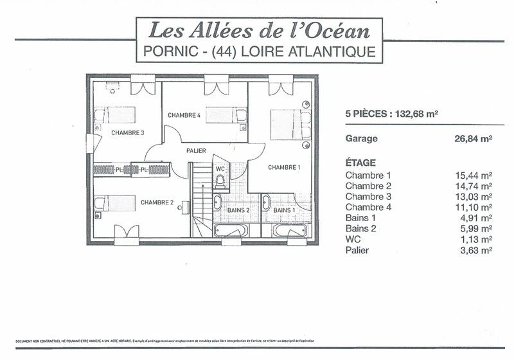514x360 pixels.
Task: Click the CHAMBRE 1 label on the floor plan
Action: pos(284,167)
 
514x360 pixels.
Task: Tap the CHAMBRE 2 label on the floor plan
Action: pos(157,203)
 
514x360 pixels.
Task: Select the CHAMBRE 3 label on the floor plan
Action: pos(127,133)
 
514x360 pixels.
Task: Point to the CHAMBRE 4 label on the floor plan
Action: pos(184,115)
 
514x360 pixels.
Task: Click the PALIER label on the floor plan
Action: pos(196,150)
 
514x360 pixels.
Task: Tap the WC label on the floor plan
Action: pos(220,168)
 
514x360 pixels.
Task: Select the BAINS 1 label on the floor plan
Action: pos(284,210)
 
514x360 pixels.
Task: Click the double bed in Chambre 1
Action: pos(291,124)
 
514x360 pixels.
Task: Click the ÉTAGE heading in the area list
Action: pos(360,163)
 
